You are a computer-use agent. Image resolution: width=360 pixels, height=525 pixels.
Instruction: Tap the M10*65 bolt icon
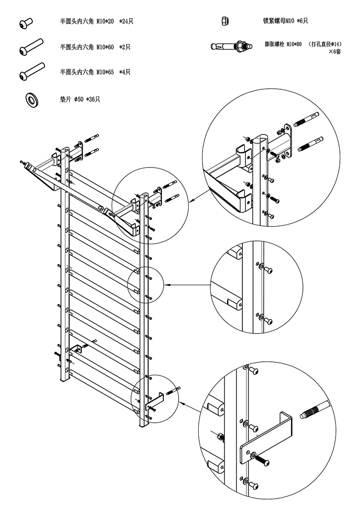[32, 71]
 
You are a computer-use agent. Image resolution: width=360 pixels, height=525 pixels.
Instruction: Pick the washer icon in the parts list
[32, 99]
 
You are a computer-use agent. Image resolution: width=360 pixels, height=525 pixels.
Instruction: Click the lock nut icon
[224, 21]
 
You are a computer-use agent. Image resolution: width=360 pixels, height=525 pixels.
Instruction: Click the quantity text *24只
[126, 22]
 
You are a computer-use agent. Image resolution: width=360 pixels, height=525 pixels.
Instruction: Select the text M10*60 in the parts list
[105, 47]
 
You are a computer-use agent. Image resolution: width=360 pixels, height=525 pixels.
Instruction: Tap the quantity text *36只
[93, 99]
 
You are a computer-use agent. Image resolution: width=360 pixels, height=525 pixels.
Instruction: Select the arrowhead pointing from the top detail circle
[192, 201]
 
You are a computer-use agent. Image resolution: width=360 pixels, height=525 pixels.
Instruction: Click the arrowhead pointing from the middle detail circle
[168, 285]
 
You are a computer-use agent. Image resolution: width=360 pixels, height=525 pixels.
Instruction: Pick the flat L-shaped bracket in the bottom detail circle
[266, 437]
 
